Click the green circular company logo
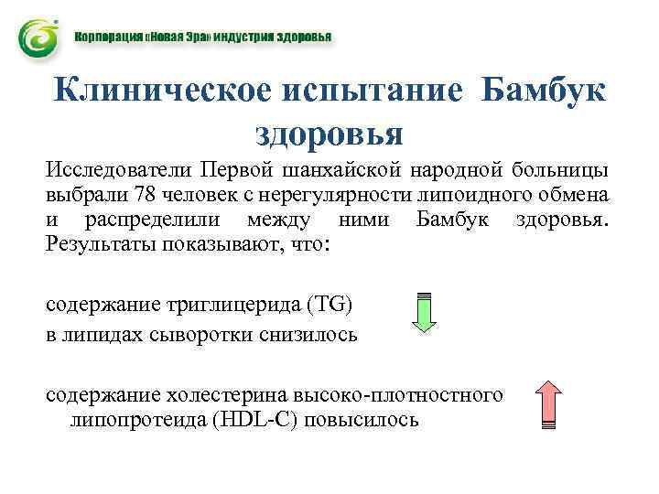coord(38,39)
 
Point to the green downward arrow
coord(424,311)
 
